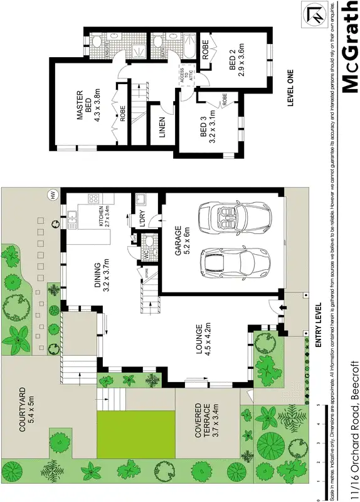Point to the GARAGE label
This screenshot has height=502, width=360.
pos(178,239)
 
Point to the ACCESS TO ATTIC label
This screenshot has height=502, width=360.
pos(186,79)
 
